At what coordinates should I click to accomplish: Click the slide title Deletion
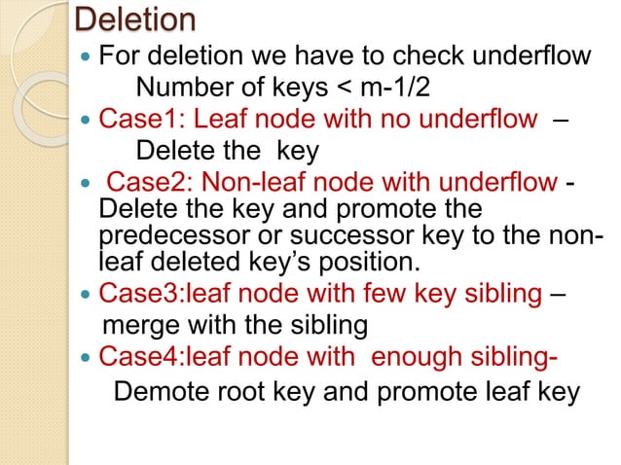(135, 19)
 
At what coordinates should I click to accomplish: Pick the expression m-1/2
(395, 87)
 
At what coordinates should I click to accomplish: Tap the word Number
(185, 87)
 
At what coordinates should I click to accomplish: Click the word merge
(142, 326)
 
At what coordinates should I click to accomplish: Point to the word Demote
(162, 391)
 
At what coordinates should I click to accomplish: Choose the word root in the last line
(239, 391)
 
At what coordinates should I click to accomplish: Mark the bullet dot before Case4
(85, 358)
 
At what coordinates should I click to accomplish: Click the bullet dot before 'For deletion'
(85, 56)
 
